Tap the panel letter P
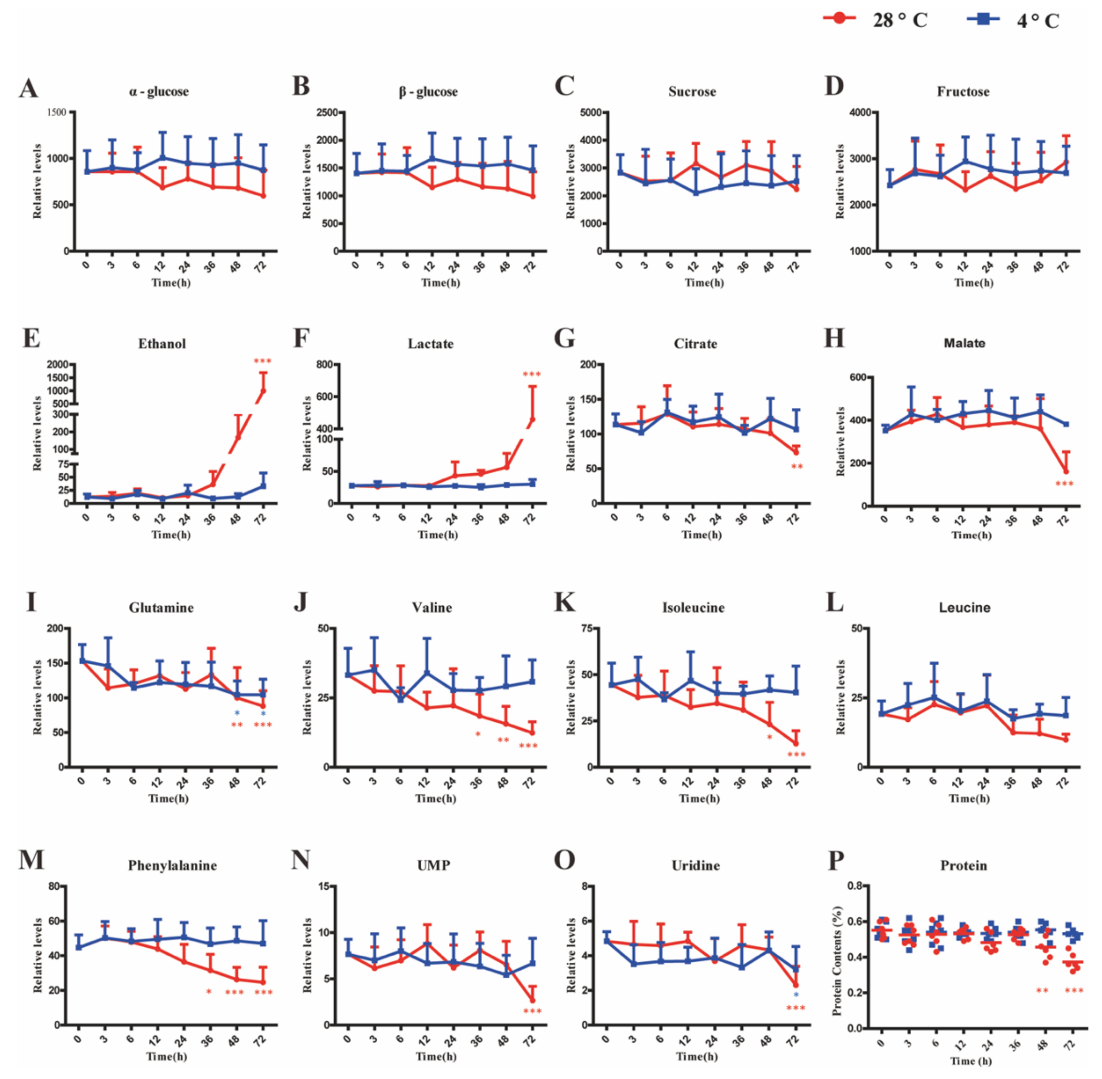836,860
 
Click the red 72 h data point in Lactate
532,419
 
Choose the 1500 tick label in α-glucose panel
57,112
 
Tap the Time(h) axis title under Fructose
973,282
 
